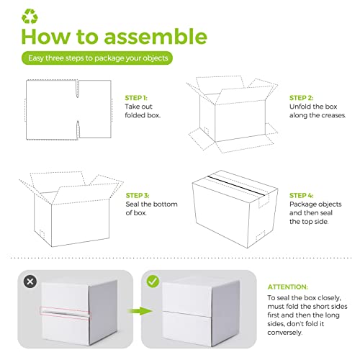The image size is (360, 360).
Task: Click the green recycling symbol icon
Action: (31, 14)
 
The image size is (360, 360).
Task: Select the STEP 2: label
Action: (302, 96)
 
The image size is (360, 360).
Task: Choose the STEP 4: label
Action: (302, 194)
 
